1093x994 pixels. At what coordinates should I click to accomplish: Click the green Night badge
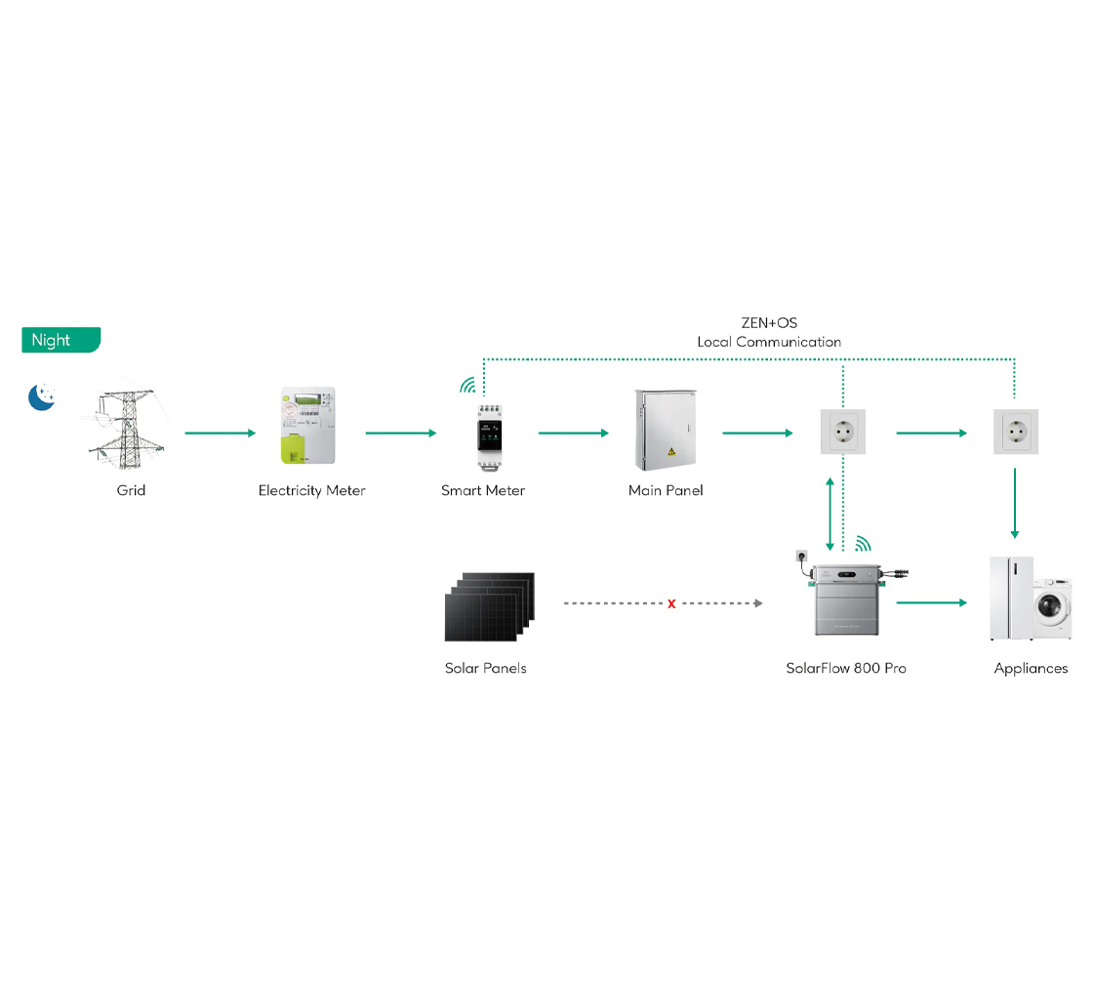61,340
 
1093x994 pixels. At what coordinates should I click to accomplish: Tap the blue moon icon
41,396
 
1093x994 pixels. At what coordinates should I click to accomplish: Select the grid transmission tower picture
128,431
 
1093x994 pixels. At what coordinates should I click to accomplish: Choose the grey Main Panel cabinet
667,430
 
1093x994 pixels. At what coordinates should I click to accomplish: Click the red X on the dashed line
671,604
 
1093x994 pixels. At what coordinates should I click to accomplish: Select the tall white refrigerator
1010,598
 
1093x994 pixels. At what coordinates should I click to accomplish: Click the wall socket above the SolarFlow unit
842,432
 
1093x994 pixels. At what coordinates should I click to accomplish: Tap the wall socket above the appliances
1015,432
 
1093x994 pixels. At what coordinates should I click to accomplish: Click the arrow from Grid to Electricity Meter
221,433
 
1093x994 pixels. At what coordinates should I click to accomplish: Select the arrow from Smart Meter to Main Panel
574,433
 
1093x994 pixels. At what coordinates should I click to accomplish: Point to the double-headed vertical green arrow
830,514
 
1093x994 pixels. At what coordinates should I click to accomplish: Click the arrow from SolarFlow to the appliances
931,603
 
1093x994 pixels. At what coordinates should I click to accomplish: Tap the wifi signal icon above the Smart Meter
468,385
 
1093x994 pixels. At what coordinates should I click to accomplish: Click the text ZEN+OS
769,323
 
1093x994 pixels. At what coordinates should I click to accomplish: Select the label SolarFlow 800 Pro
846,669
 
